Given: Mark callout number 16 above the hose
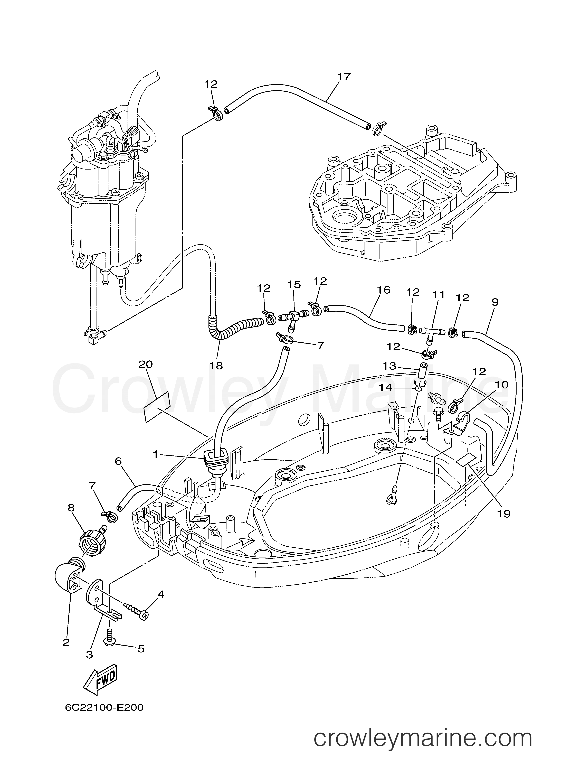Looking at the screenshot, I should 384,290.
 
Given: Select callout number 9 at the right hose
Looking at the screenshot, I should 495,302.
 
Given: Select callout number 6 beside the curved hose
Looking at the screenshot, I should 118,462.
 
